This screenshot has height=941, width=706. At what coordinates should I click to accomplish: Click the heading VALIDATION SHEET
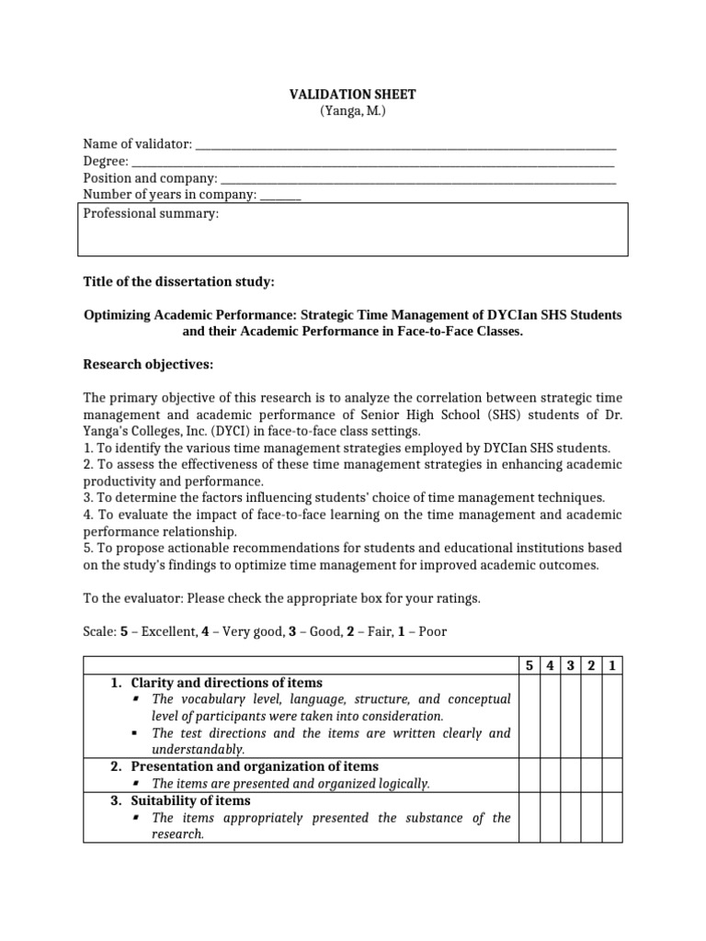[352, 95]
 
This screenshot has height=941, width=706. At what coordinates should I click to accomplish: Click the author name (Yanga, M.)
[352, 111]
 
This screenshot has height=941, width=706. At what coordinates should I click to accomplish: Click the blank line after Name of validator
[405, 145]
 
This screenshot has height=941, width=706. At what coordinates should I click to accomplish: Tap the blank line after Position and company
[418, 178]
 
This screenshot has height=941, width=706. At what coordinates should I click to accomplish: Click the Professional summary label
[151, 214]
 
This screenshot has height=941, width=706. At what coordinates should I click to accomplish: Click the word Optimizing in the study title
[120, 315]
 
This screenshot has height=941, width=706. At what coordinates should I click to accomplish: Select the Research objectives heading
[148, 365]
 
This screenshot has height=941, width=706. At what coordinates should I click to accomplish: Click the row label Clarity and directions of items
[226, 683]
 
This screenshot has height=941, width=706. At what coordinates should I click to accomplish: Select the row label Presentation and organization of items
[255, 766]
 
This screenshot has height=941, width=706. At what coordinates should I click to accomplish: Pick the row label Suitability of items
[190, 800]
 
